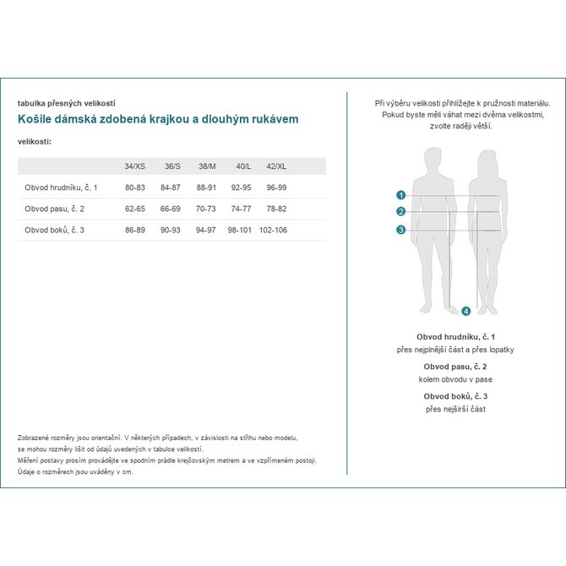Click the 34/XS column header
click(x=134, y=166)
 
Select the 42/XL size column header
click(x=276, y=166)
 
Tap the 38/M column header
click(x=206, y=166)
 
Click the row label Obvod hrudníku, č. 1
click(x=61, y=188)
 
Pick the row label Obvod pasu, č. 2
click(x=54, y=209)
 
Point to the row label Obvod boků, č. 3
click(x=54, y=230)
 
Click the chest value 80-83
click(x=135, y=188)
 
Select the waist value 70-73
click(x=206, y=209)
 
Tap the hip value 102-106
click(x=274, y=230)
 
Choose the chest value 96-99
click(x=276, y=188)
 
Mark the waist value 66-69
click(x=171, y=209)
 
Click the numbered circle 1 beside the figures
click(x=401, y=194)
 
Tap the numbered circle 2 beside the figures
click(x=401, y=212)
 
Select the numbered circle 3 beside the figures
click(x=401, y=230)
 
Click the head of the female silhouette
click(x=487, y=160)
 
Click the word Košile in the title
click(x=35, y=119)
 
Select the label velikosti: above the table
click(x=35, y=141)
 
